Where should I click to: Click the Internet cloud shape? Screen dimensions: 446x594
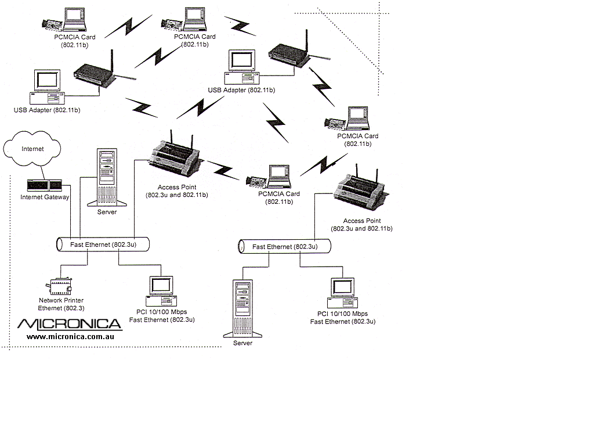[32, 149]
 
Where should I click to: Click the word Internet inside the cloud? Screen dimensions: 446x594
[32, 149]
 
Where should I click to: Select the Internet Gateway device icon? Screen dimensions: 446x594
[44, 185]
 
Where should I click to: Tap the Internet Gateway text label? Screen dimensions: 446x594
[45, 197]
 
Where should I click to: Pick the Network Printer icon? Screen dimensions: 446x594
[59, 284]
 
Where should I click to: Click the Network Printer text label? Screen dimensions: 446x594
[60, 301]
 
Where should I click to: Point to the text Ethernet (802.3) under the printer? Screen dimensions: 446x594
[61, 308]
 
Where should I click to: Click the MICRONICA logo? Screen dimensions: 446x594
[70, 324]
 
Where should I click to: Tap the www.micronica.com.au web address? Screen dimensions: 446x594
[70, 336]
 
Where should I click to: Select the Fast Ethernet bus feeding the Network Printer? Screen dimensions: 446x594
[103, 244]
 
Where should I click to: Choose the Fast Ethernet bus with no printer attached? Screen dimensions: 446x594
[285, 247]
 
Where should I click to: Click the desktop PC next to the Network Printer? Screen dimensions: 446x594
[161, 291]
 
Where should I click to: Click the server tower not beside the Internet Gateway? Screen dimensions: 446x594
[242, 308]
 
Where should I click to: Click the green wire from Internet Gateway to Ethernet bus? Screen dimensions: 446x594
[71, 212]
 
